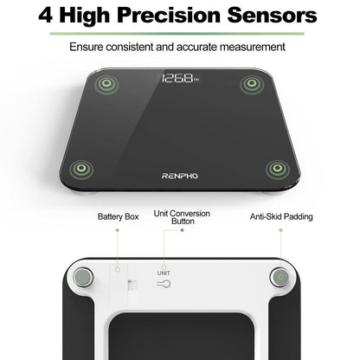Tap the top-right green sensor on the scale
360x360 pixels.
pyautogui.click(x=251, y=84)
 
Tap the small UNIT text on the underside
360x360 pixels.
pyautogui.click(x=164, y=273)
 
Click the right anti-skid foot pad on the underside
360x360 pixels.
pyautogui.click(x=280, y=278)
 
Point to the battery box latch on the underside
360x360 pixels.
pyautogui.click(x=131, y=286)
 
